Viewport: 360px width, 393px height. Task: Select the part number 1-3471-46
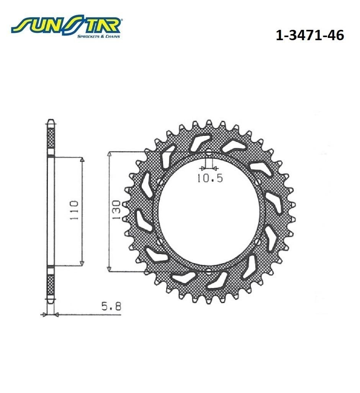click(310, 35)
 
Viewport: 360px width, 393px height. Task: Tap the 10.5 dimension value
click(209, 178)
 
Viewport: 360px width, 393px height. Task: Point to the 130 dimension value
click(117, 210)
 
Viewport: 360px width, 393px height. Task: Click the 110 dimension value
click(74, 210)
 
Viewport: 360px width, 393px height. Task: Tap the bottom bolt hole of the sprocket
click(209, 271)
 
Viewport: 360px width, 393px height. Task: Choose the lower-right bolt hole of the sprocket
click(257, 241)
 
